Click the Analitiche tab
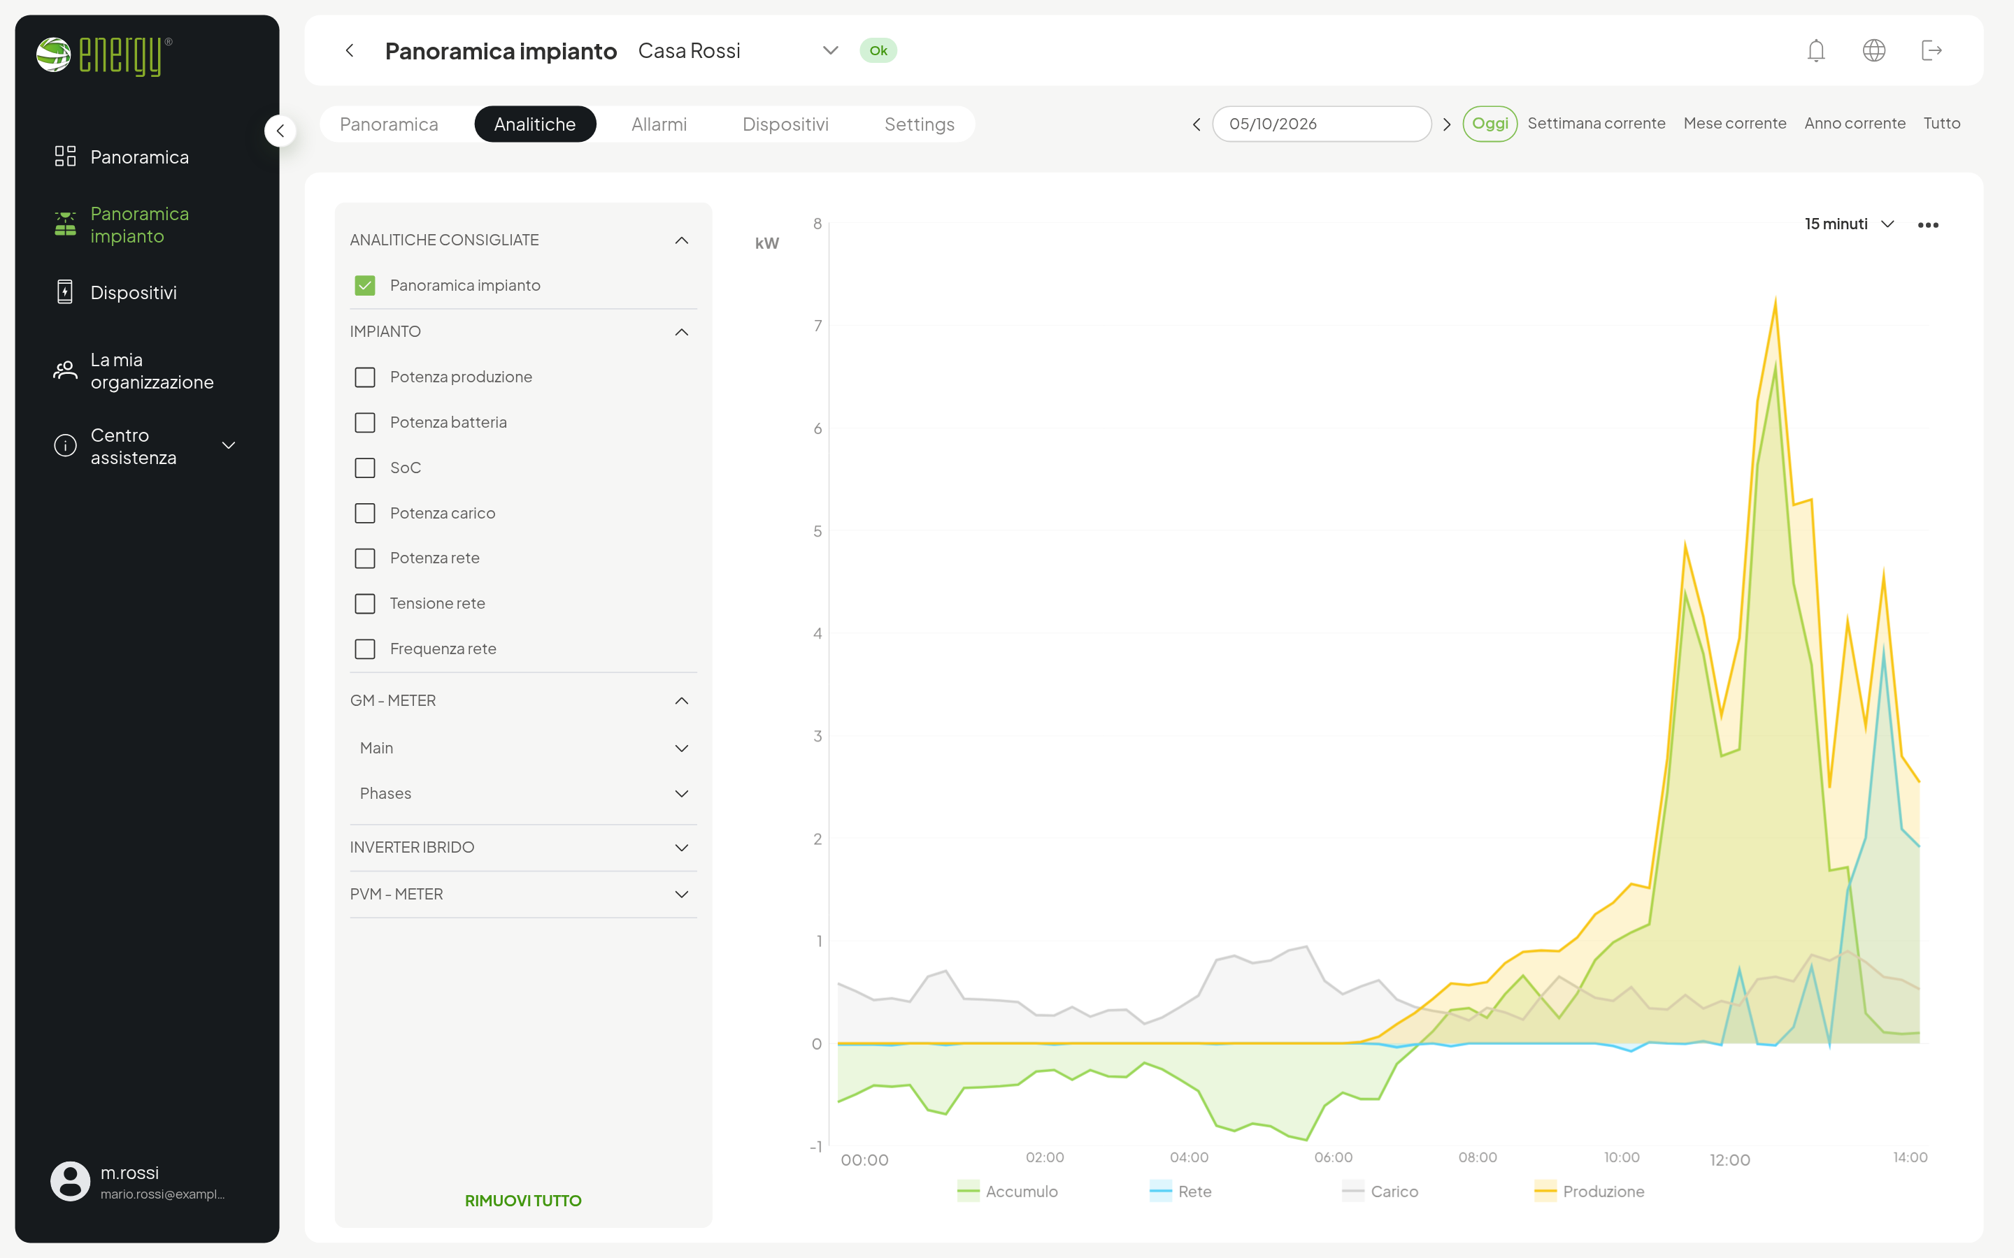coord(534,124)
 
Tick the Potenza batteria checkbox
coord(364,423)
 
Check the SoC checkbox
coord(364,468)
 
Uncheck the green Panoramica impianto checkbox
coord(364,285)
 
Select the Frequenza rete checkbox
coord(364,649)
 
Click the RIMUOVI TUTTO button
coord(522,1201)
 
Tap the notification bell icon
coord(1816,51)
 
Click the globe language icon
coord(1873,51)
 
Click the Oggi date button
coord(1490,124)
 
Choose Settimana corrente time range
coord(1597,123)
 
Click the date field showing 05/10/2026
coord(1322,124)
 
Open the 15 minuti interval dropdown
coord(1849,224)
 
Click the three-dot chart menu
coord(1927,224)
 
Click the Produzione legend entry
coord(1590,1192)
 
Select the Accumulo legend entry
coord(1008,1192)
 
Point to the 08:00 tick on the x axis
coord(1477,1157)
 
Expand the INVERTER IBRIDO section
coord(522,847)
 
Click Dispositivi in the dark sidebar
coord(133,293)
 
